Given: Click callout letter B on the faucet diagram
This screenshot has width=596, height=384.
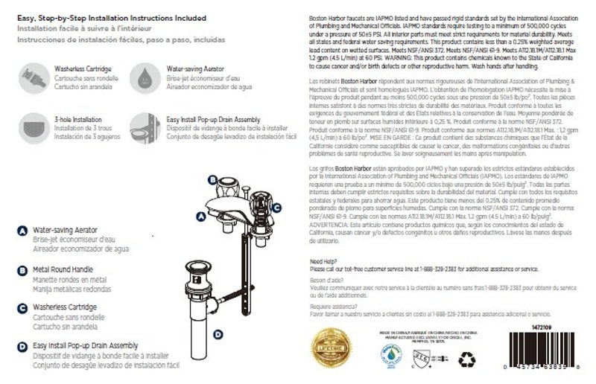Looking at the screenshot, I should coord(212,179).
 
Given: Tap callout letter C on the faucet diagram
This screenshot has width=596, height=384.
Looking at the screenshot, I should coord(276,208).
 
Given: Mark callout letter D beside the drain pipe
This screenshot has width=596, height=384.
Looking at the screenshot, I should coord(218,334).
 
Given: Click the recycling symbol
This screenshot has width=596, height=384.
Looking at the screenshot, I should coord(468,359).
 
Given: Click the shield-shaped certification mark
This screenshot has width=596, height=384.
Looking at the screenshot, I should coord(426,359).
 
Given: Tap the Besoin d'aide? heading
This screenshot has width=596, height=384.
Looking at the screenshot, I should coord(326,279).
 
